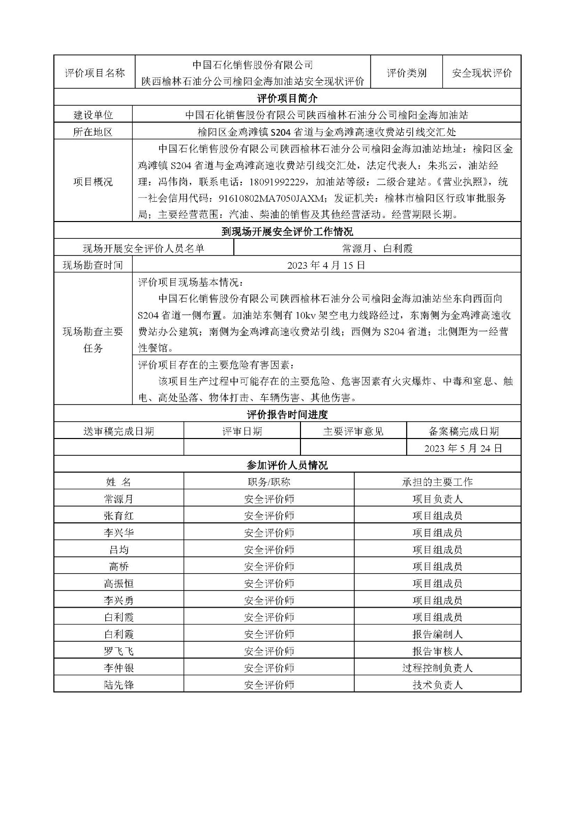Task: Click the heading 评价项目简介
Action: [287, 98]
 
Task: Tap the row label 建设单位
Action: [93, 115]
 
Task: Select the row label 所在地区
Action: [93, 132]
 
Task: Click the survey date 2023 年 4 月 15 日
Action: [326, 265]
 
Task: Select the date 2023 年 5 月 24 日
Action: [463, 448]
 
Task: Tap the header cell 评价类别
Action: [407, 73]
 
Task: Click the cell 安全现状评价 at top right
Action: [481, 73]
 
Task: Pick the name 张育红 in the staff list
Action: [118, 516]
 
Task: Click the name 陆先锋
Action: [118, 685]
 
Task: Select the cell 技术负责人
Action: [437, 685]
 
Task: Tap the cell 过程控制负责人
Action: [437, 668]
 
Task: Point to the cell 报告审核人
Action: [437, 651]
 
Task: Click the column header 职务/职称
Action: [269, 482]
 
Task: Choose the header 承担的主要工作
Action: [437, 482]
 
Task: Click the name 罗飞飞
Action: [118, 651]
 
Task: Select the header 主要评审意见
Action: [353, 431]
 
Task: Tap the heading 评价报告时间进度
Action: [287, 415]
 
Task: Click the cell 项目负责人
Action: [437, 499]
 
